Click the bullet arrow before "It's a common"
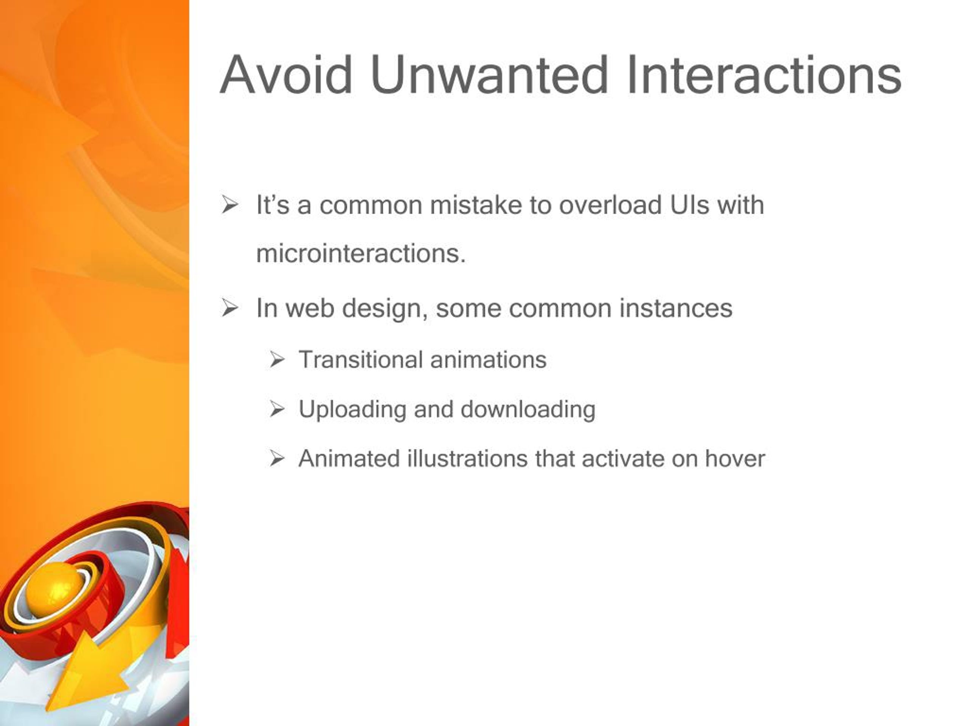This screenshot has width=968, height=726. pyautogui.click(x=229, y=205)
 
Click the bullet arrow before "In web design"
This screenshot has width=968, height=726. pyautogui.click(x=229, y=308)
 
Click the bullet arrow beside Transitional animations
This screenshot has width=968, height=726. pyautogui.click(x=277, y=360)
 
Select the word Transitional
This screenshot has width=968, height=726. pyautogui.click(x=361, y=360)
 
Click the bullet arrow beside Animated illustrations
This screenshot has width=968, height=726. pyautogui.click(x=277, y=459)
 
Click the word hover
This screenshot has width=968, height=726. pyautogui.click(x=735, y=459)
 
